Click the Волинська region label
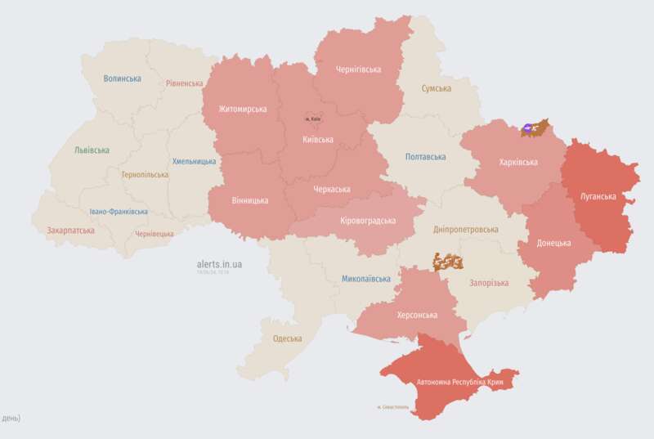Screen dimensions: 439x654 (122, 78)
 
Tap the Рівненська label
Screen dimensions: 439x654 (184, 83)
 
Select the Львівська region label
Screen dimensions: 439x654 (92, 150)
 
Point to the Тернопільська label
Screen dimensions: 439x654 (144, 175)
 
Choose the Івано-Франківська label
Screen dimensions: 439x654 (119, 212)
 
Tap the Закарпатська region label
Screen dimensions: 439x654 (70, 231)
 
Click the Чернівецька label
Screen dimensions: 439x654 (154, 234)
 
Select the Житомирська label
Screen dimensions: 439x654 (243, 110)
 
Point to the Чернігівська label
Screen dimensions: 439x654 (358, 69)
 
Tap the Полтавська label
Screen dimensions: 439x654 (425, 156)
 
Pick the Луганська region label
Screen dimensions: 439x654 (598, 197)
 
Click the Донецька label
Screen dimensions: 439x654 (553, 243)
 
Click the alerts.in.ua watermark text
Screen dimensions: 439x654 (219, 264)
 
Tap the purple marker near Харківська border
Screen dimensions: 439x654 (527, 128)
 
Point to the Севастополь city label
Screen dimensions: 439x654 (397, 407)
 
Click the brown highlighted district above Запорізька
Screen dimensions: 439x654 (449, 262)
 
